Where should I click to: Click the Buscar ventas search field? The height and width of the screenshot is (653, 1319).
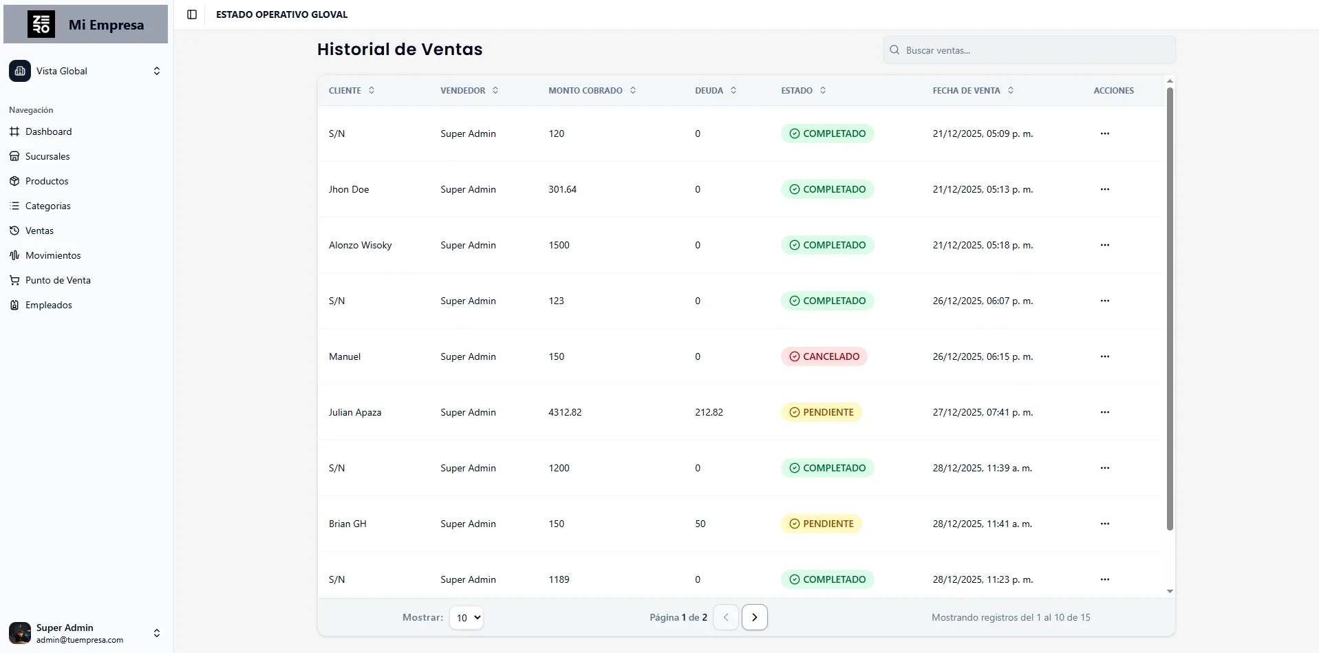click(1029, 50)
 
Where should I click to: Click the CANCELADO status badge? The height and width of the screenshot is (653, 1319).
click(824, 356)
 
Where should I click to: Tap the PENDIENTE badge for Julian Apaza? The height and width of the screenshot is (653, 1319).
click(821, 412)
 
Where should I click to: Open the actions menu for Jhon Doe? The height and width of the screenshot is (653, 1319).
click(1104, 189)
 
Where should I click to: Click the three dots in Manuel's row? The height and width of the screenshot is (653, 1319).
click(1104, 356)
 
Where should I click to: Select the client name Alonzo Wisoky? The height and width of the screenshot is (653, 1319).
click(360, 245)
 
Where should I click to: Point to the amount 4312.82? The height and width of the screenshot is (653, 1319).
click(565, 412)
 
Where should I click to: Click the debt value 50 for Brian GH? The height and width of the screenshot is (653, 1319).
click(700, 524)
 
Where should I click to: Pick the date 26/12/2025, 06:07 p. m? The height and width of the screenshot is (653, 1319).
click(983, 301)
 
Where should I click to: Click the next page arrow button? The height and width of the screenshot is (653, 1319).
click(754, 617)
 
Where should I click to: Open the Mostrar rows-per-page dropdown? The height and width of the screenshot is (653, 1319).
click(466, 617)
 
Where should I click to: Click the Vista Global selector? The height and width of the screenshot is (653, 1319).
click(85, 71)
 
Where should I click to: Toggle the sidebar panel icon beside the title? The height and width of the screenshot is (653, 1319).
click(192, 14)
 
